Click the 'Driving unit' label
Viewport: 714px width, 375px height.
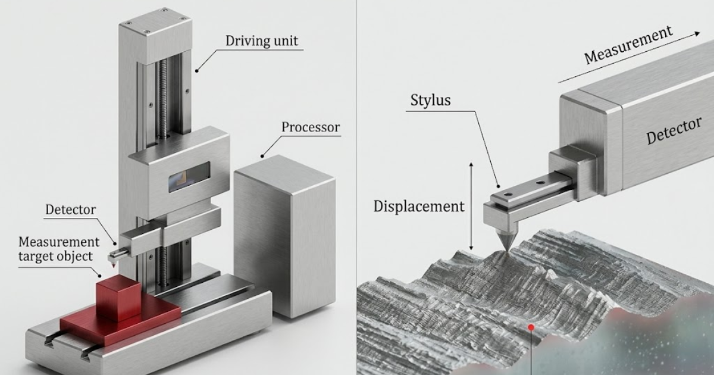[262, 42]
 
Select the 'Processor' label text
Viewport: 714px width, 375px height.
[311, 127]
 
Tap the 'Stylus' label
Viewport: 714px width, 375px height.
[430, 100]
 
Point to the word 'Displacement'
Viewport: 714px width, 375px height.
[418, 207]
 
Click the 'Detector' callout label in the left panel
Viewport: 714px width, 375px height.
[71, 210]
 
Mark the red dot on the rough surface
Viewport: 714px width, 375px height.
[530, 327]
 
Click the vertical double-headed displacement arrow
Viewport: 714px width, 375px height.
[471, 205]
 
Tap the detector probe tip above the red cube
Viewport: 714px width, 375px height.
[112, 257]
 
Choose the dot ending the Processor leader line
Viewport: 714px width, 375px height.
[262, 157]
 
